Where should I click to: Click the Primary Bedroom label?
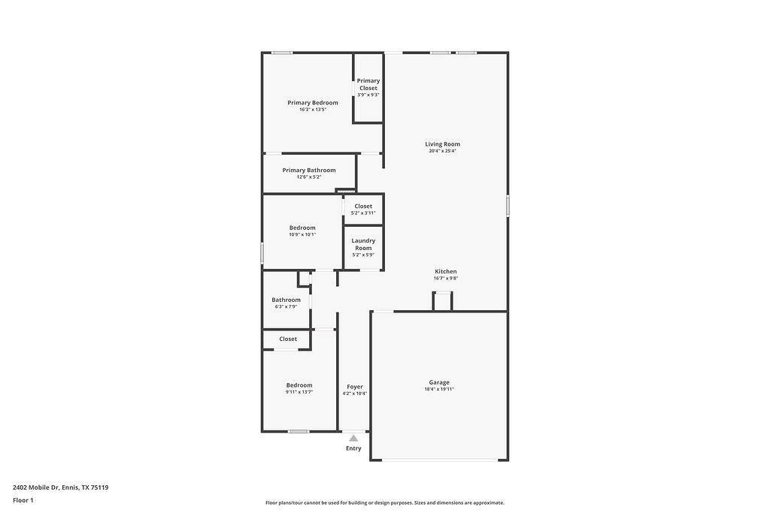(313, 103)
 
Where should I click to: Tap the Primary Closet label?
(368, 84)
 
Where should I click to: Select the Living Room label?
(442, 144)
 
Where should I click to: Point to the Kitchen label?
(445, 272)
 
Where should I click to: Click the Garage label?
(439, 382)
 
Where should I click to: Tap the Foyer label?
(355, 387)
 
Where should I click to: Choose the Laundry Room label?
(363, 244)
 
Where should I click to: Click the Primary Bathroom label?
(309, 170)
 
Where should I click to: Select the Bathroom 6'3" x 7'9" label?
(286, 300)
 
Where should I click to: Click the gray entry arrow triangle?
(353, 438)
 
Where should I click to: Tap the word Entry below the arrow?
(353, 448)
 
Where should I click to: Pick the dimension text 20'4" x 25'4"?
(442, 151)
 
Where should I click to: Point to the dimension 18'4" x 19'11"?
(439, 389)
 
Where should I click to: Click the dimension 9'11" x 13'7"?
(299, 392)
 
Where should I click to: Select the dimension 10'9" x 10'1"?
(302, 234)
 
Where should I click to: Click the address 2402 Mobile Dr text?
(60, 487)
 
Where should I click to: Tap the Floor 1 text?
(23, 500)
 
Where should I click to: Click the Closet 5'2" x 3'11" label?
(363, 207)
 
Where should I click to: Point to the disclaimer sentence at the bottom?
(384, 502)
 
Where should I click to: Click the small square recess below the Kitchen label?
(443, 301)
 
